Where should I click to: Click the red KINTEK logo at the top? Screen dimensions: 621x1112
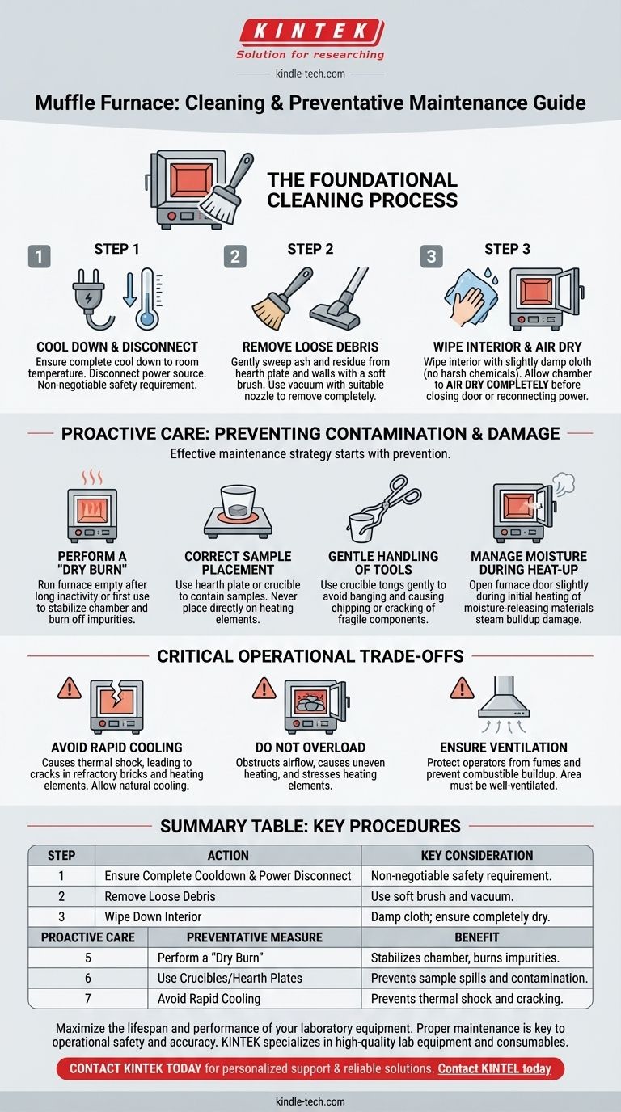(311, 32)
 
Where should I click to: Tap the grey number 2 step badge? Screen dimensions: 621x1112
(235, 256)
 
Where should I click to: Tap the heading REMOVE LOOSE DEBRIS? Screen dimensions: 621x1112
(310, 347)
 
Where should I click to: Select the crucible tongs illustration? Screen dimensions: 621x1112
(384, 509)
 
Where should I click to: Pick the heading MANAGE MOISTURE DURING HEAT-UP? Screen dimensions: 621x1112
(529, 562)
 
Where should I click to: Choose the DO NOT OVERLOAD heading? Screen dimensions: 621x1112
(310, 747)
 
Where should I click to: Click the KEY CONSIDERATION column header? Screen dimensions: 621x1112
(477, 855)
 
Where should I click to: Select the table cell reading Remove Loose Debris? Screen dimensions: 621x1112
(160, 896)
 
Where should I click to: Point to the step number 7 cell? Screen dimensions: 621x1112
(88, 998)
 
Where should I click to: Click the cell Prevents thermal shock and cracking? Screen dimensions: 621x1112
(467, 998)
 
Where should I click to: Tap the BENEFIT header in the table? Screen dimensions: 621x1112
(477, 937)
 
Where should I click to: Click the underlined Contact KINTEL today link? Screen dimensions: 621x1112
(494, 1068)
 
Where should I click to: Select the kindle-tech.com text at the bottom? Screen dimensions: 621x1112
(310, 1101)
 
